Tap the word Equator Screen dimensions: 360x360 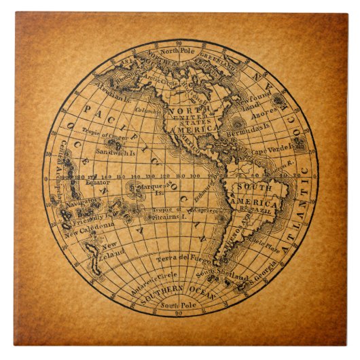click(95, 182)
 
